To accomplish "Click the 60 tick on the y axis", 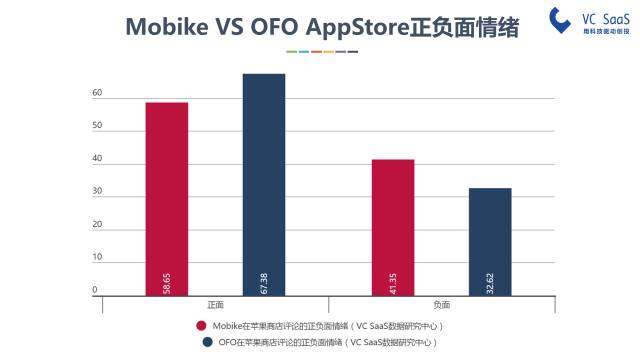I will (97, 93).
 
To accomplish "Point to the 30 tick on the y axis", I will (97, 192).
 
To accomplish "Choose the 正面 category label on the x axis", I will (215, 305).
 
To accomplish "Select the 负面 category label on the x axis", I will (441, 305).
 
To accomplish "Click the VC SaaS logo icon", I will (560, 19).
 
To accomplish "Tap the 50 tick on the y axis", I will (97, 126).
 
